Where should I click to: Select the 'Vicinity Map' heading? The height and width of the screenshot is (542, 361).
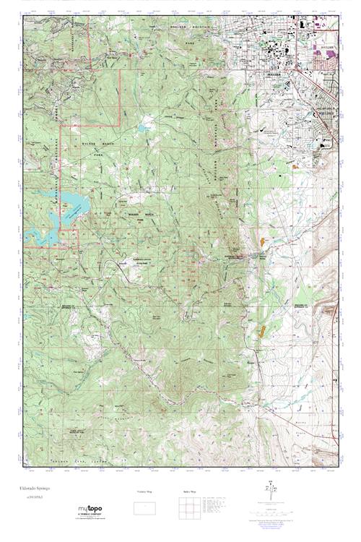145,491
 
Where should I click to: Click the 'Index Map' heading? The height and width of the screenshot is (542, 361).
189,491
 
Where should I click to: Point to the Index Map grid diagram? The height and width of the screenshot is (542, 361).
189,506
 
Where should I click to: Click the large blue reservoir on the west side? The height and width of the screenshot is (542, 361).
69,206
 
